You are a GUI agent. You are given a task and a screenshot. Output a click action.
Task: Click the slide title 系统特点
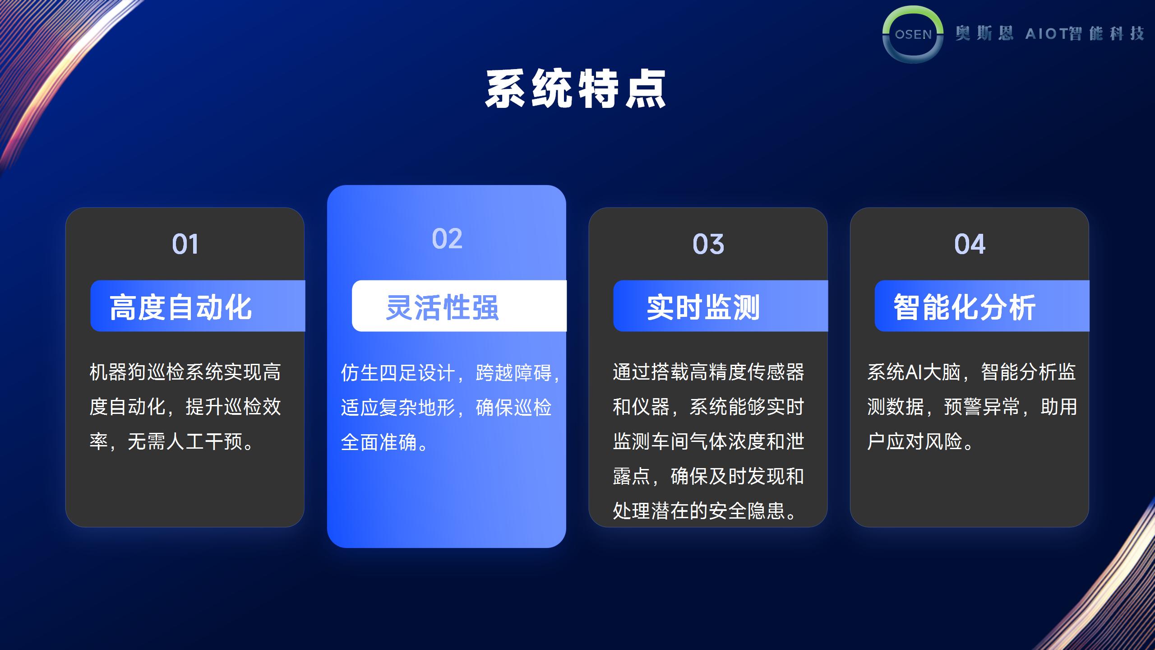pos(576,89)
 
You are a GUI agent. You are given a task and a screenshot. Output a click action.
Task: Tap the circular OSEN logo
pos(913,34)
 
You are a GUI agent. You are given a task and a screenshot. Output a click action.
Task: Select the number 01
pos(185,244)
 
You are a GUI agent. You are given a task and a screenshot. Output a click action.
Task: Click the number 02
pos(447,238)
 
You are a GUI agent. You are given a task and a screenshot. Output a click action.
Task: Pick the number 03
pos(708,244)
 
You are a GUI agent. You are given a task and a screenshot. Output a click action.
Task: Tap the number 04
pos(970,244)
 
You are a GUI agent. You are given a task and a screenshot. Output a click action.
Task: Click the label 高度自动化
pos(180,307)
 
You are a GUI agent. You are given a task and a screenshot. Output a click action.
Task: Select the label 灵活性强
pos(443,307)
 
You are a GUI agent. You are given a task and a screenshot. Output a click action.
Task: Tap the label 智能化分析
pos(965,307)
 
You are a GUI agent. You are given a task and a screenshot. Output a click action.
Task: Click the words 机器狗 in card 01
pos(118,372)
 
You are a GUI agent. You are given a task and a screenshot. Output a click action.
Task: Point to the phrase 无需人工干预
pos(185,442)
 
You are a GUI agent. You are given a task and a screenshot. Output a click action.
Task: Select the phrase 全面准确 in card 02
pos(379,443)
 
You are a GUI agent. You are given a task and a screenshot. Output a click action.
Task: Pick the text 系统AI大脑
pos(914,372)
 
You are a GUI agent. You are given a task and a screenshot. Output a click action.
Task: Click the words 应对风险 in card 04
pos(924,442)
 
